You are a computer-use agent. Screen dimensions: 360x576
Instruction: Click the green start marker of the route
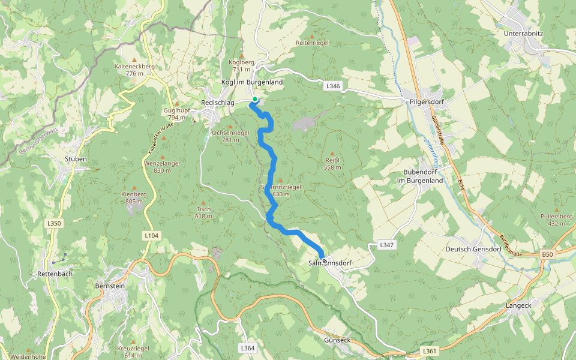tap(255, 99)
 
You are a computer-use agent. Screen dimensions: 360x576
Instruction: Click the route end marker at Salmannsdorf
tap(325, 260)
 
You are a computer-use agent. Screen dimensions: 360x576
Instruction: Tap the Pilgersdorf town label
tap(426, 101)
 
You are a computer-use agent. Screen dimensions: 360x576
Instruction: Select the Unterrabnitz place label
tap(524, 34)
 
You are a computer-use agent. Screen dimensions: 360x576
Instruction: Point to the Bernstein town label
tap(110, 286)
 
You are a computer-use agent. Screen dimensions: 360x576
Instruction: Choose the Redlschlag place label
tap(218, 103)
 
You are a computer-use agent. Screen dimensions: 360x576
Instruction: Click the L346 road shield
tap(333, 86)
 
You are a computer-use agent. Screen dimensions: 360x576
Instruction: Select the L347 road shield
tap(386, 245)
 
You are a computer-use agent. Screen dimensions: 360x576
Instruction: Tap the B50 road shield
tap(547, 255)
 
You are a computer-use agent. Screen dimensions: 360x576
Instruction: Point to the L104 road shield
tap(151, 236)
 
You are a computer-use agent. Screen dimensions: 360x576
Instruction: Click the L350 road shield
tap(54, 223)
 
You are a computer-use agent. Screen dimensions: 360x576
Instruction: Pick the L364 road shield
tap(247, 348)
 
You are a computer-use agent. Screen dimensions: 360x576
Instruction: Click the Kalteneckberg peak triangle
tap(134, 60)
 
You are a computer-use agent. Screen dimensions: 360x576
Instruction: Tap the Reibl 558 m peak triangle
tap(332, 154)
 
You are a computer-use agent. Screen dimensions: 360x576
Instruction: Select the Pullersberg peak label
tap(557, 216)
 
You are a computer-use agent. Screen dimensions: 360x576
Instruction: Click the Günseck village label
tap(337, 340)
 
